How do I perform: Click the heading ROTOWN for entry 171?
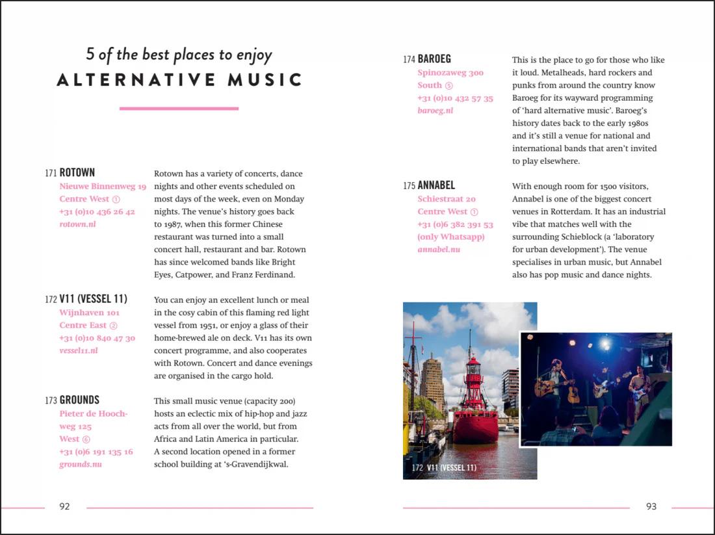pyautogui.click(x=77, y=173)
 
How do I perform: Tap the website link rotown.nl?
pyautogui.click(x=77, y=224)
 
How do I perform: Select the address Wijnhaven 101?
pyautogui.click(x=89, y=313)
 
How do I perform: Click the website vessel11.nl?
pyautogui.click(x=78, y=350)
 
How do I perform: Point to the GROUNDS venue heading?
pyautogui.click(x=79, y=400)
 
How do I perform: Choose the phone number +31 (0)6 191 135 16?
pyautogui.click(x=96, y=452)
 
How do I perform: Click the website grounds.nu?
pyautogui.click(x=81, y=464)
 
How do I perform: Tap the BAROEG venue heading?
pyautogui.click(x=434, y=59)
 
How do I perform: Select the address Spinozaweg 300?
pyautogui.click(x=450, y=73)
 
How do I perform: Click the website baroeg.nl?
pyautogui.click(x=435, y=111)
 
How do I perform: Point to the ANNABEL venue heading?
pyautogui.click(x=436, y=186)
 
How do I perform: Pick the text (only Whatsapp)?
pyautogui.click(x=450, y=237)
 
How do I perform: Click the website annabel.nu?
pyautogui.click(x=439, y=250)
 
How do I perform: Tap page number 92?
pyautogui.click(x=64, y=506)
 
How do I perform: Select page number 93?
pyautogui.click(x=651, y=506)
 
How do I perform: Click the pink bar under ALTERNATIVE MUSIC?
pyautogui.click(x=179, y=109)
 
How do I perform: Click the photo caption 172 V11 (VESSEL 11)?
pyautogui.click(x=444, y=467)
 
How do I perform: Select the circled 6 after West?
pyautogui.click(x=86, y=439)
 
